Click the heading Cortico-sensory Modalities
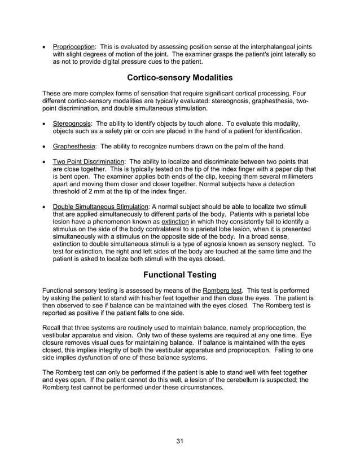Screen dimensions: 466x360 click(179, 77)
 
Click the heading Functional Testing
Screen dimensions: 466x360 click(179, 275)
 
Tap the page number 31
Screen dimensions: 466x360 click(179, 441)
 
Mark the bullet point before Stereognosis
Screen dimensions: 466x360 click(45, 124)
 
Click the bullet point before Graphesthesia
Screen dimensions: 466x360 click(45, 146)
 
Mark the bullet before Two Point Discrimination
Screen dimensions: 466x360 click(45, 161)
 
